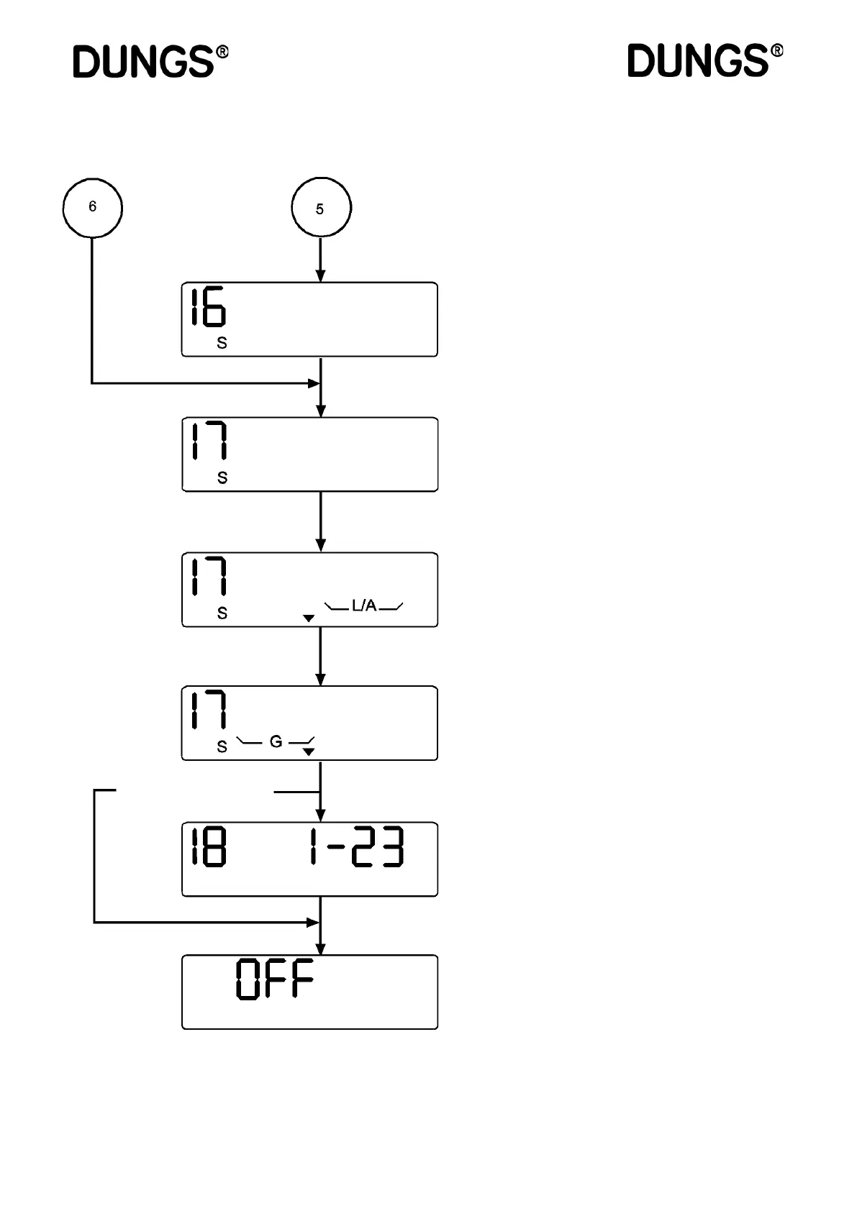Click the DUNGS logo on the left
[144, 62]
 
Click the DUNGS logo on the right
[698, 60]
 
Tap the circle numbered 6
[93, 208]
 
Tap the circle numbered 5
[321, 209]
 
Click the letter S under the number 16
[222, 344]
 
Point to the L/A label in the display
[364, 606]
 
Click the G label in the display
[276, 741]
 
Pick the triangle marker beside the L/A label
[309, 618]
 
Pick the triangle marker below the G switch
[309, 752]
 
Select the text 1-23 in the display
[356, 847]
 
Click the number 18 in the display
[209, 847]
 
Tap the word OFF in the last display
[276, 979]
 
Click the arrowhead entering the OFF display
[321, 949]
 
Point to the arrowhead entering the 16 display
[321, 276]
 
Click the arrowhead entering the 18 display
[321, 815]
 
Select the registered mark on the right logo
[777, 51]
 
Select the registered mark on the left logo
[223, 52]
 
